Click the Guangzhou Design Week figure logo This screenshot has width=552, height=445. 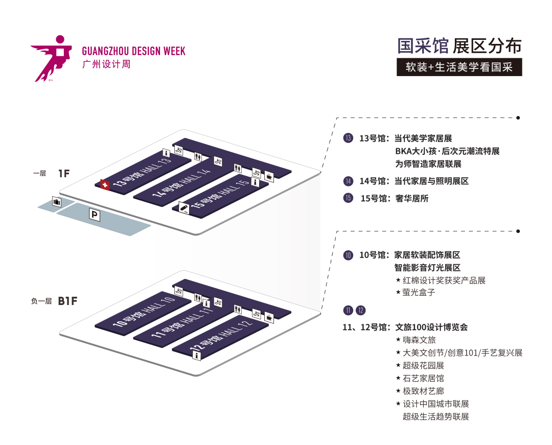coord(53,57)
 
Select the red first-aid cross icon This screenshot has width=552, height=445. coord(105,185)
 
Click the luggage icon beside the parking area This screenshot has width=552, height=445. coord(57,202)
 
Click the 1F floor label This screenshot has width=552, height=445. coord(63,174)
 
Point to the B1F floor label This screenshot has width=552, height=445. coord(67,301)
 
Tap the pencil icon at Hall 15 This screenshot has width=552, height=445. coord(185,207)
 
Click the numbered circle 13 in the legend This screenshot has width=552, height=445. coord(349,138)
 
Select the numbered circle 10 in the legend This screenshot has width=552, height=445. coord(349,255)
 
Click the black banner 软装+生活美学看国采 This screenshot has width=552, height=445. coord(459,67)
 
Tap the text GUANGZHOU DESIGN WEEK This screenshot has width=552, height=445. coord(133,52)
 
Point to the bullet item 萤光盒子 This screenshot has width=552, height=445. coord(419,293)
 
